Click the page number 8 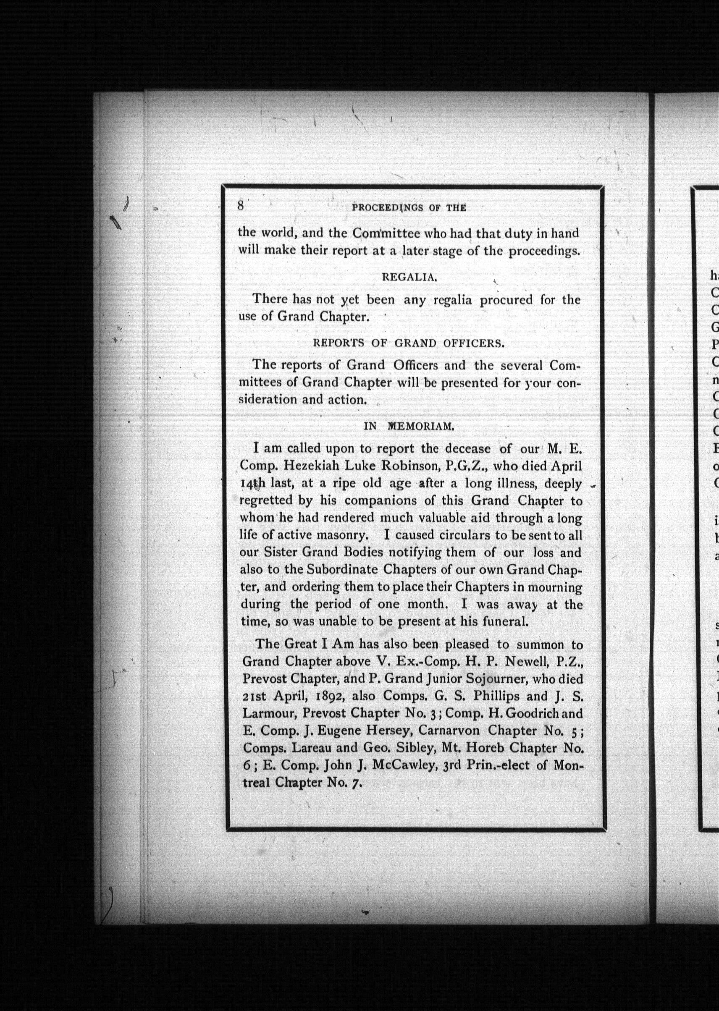pyautogui.click(x=241, y=205)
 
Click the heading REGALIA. pyautogui.click(x=409, y=277)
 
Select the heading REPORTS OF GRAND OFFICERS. pyautogui.click(x=409, y=343)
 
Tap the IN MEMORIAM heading pyautogui.click(x=409, y=426)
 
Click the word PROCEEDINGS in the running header pyautogui.click(x=386, y=207)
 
